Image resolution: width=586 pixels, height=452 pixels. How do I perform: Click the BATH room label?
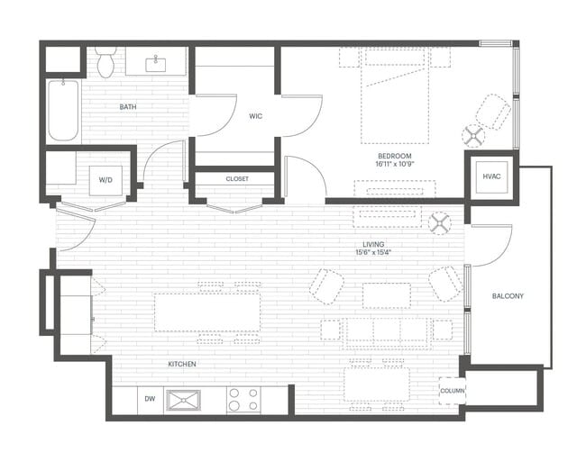(x=129, y=107)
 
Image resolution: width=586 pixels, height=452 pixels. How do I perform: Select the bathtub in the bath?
(x=63, y=110)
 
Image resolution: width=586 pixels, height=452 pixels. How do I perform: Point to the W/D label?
(x=106, y=179)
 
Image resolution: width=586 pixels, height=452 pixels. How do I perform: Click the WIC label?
(x=256, y=116)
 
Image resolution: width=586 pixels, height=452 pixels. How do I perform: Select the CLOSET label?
(x=237, y=178)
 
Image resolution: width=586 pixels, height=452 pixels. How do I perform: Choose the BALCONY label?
(x=508, y=296)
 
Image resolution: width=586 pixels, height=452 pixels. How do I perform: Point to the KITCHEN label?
(x=181, y=364)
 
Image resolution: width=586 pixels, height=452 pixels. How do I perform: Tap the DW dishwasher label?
(x=149, y=399)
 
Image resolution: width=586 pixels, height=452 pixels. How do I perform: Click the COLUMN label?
(x=452, y=390)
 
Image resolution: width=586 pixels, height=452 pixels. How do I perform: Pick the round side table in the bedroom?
(x=473, y=136)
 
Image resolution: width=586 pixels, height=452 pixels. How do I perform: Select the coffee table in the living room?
(x=386, y=295)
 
